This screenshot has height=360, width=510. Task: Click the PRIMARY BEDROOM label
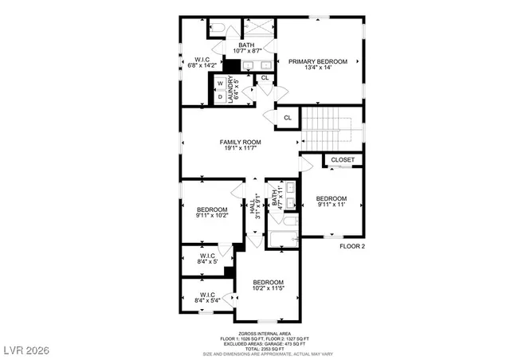(x=318, y=61)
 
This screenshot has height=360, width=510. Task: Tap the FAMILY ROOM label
(x=241, y=143)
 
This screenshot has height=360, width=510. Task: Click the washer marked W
(x=220, y=83)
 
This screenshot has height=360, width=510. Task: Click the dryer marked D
(x=220, y=96)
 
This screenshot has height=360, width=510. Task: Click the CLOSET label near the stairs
(x=343, y=160)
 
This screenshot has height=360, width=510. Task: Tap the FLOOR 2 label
(x=351, y=247)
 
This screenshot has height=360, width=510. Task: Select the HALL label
(x=253, y=209)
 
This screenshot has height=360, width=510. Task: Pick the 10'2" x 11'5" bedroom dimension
(x=269, y=289)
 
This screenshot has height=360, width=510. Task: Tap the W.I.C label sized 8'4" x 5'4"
(x=206, y=300)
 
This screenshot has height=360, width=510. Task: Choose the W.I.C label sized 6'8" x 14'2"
(x=202, y=64)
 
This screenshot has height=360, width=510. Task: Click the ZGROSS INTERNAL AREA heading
(x=264, y=334)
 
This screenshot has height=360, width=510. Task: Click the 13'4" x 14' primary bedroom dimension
(x=318, y=68)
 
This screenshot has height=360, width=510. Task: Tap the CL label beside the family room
(x=288, y=118)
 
